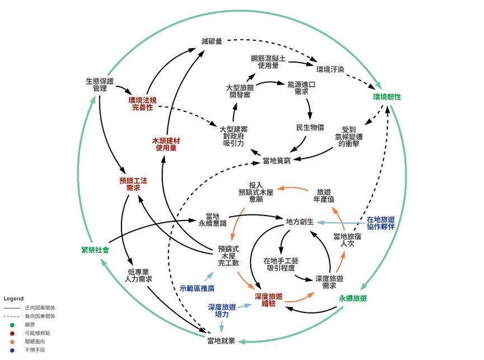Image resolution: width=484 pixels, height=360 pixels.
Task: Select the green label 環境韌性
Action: point(387,97)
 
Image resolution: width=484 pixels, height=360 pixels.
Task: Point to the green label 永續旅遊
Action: point(353,298)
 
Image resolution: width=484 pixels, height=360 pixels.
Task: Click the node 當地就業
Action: point(220,341)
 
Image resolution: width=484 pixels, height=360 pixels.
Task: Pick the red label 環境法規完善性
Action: point(142,104)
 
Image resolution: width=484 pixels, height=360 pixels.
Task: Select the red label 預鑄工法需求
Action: point(133,184)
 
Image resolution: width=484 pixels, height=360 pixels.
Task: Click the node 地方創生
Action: point(300,222)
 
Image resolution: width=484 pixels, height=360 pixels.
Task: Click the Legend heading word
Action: point(14,298)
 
